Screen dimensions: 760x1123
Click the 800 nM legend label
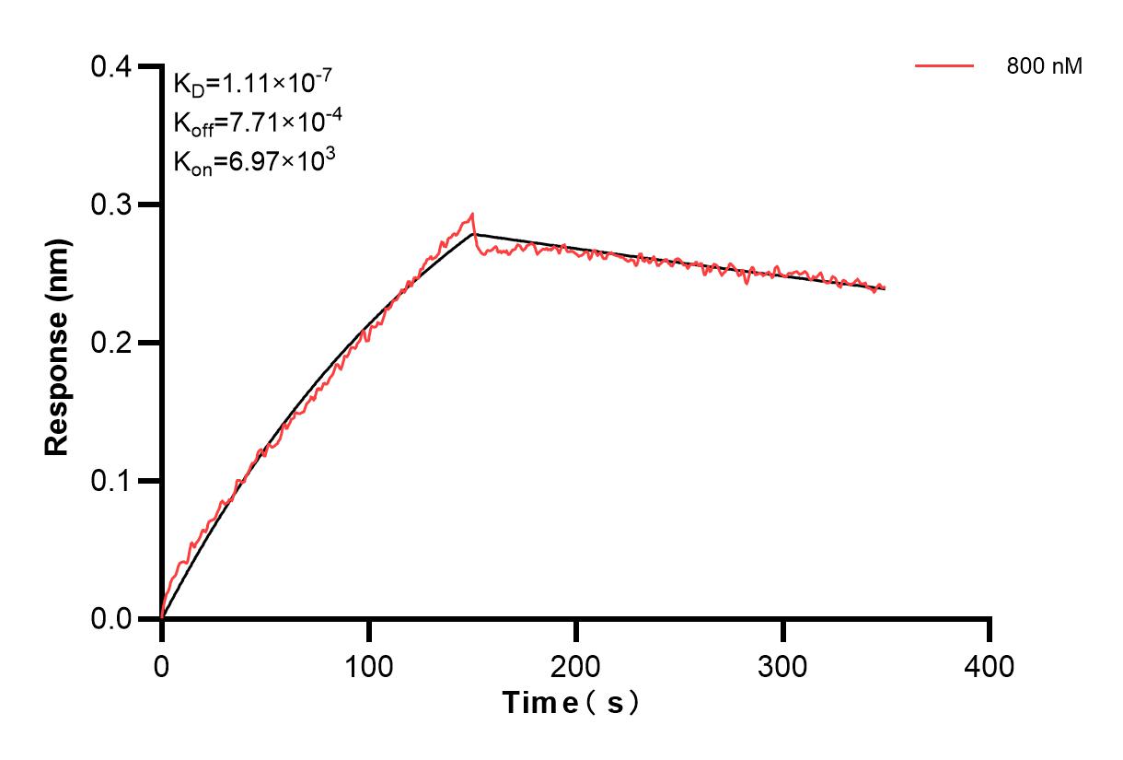tap(1045, 66)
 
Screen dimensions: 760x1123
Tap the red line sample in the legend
tap(944, 65)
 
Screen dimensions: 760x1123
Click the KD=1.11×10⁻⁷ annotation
tap(247, 85)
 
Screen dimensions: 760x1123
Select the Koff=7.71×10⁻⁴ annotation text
tap(247, 123)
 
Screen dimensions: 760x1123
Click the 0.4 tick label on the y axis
tap(112, 66)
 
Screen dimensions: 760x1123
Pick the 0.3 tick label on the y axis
tap(112, 205)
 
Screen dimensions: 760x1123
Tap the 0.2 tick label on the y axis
tap(112, 343)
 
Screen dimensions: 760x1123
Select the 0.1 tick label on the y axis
tap(112, 481)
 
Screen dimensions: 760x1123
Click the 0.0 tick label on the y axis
tap(112, 619)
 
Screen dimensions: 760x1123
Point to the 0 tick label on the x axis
tap(162, 665)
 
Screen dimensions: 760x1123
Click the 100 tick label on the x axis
tap(368, 665)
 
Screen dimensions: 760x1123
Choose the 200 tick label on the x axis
tap(575, 665)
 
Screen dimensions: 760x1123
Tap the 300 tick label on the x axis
tap(782, 665)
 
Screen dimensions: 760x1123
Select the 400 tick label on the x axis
tap(990, 665)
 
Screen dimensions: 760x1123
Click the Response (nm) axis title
tap(57, 343)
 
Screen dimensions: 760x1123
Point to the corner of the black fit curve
tap(473, 234)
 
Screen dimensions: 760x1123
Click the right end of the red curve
tap(885, 287)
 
